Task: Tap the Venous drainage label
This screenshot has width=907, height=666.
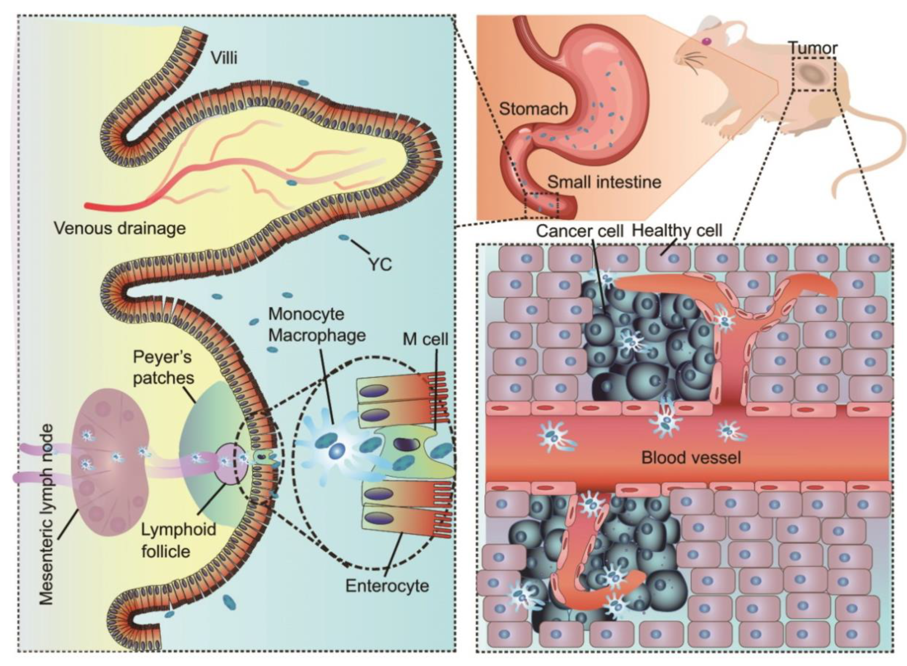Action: tap(120, 229)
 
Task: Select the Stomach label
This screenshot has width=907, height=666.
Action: tap(533, 109)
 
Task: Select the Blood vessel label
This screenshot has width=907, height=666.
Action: tap(691, 458)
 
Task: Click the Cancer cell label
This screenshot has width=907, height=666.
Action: tap(580, 231)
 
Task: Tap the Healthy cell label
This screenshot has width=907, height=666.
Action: tap(677, 231)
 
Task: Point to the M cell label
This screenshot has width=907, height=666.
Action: tap(425, 339)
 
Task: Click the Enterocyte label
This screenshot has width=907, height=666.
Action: tap(387, 586)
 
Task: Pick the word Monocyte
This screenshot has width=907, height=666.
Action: tap(306, 314)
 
